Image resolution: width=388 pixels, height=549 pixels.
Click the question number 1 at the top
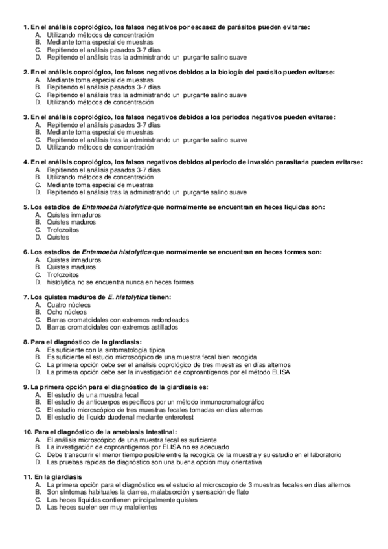pyautogui.click(x=25, y=27)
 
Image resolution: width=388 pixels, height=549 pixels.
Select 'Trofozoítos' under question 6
pyautogui.click(x=63, y=274)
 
